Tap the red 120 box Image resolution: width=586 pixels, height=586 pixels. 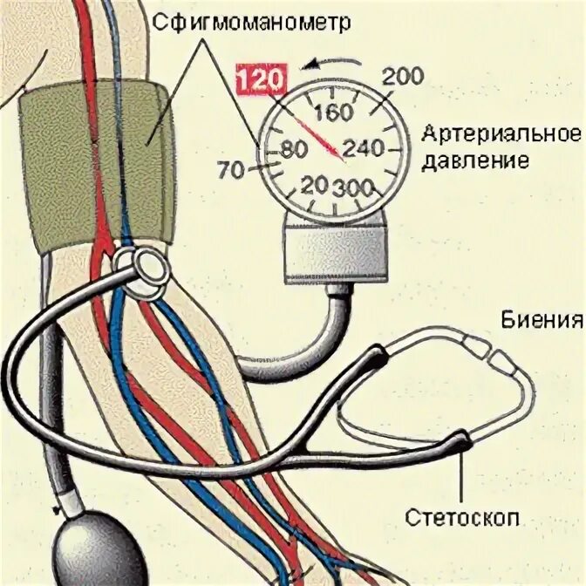[x=262, y=80]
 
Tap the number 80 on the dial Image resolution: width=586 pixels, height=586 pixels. [x=292, y=150]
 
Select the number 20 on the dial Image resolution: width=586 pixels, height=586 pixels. [x=314, y=185]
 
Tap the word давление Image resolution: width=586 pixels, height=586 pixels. [x=476, y=162]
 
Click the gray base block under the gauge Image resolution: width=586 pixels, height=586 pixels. [x=333, y=252]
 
